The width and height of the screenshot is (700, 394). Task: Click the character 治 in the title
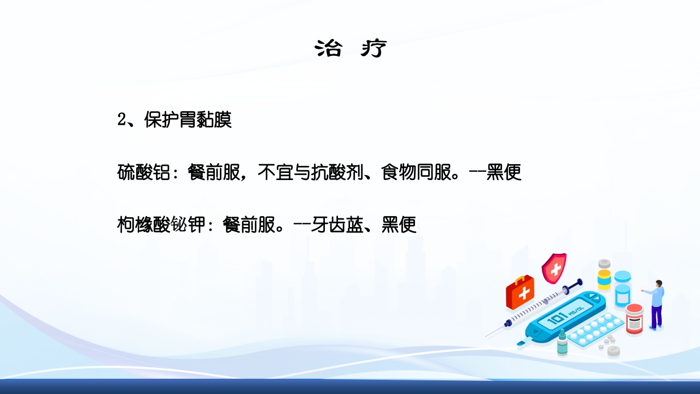click(328, 49)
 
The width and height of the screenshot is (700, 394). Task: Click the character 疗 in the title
click(374, 49)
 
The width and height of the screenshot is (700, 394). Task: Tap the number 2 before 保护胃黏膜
click(122, 120)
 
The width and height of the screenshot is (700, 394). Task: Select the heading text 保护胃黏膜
click(188, 120)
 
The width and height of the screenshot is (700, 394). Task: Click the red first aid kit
click(520, 293)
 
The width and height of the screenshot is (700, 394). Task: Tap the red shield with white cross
click(554, 268)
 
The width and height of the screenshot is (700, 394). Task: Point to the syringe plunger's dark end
click(579, 283)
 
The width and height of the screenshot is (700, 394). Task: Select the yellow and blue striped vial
click(604, 276)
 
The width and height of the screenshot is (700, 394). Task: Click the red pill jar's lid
click(634, 309)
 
